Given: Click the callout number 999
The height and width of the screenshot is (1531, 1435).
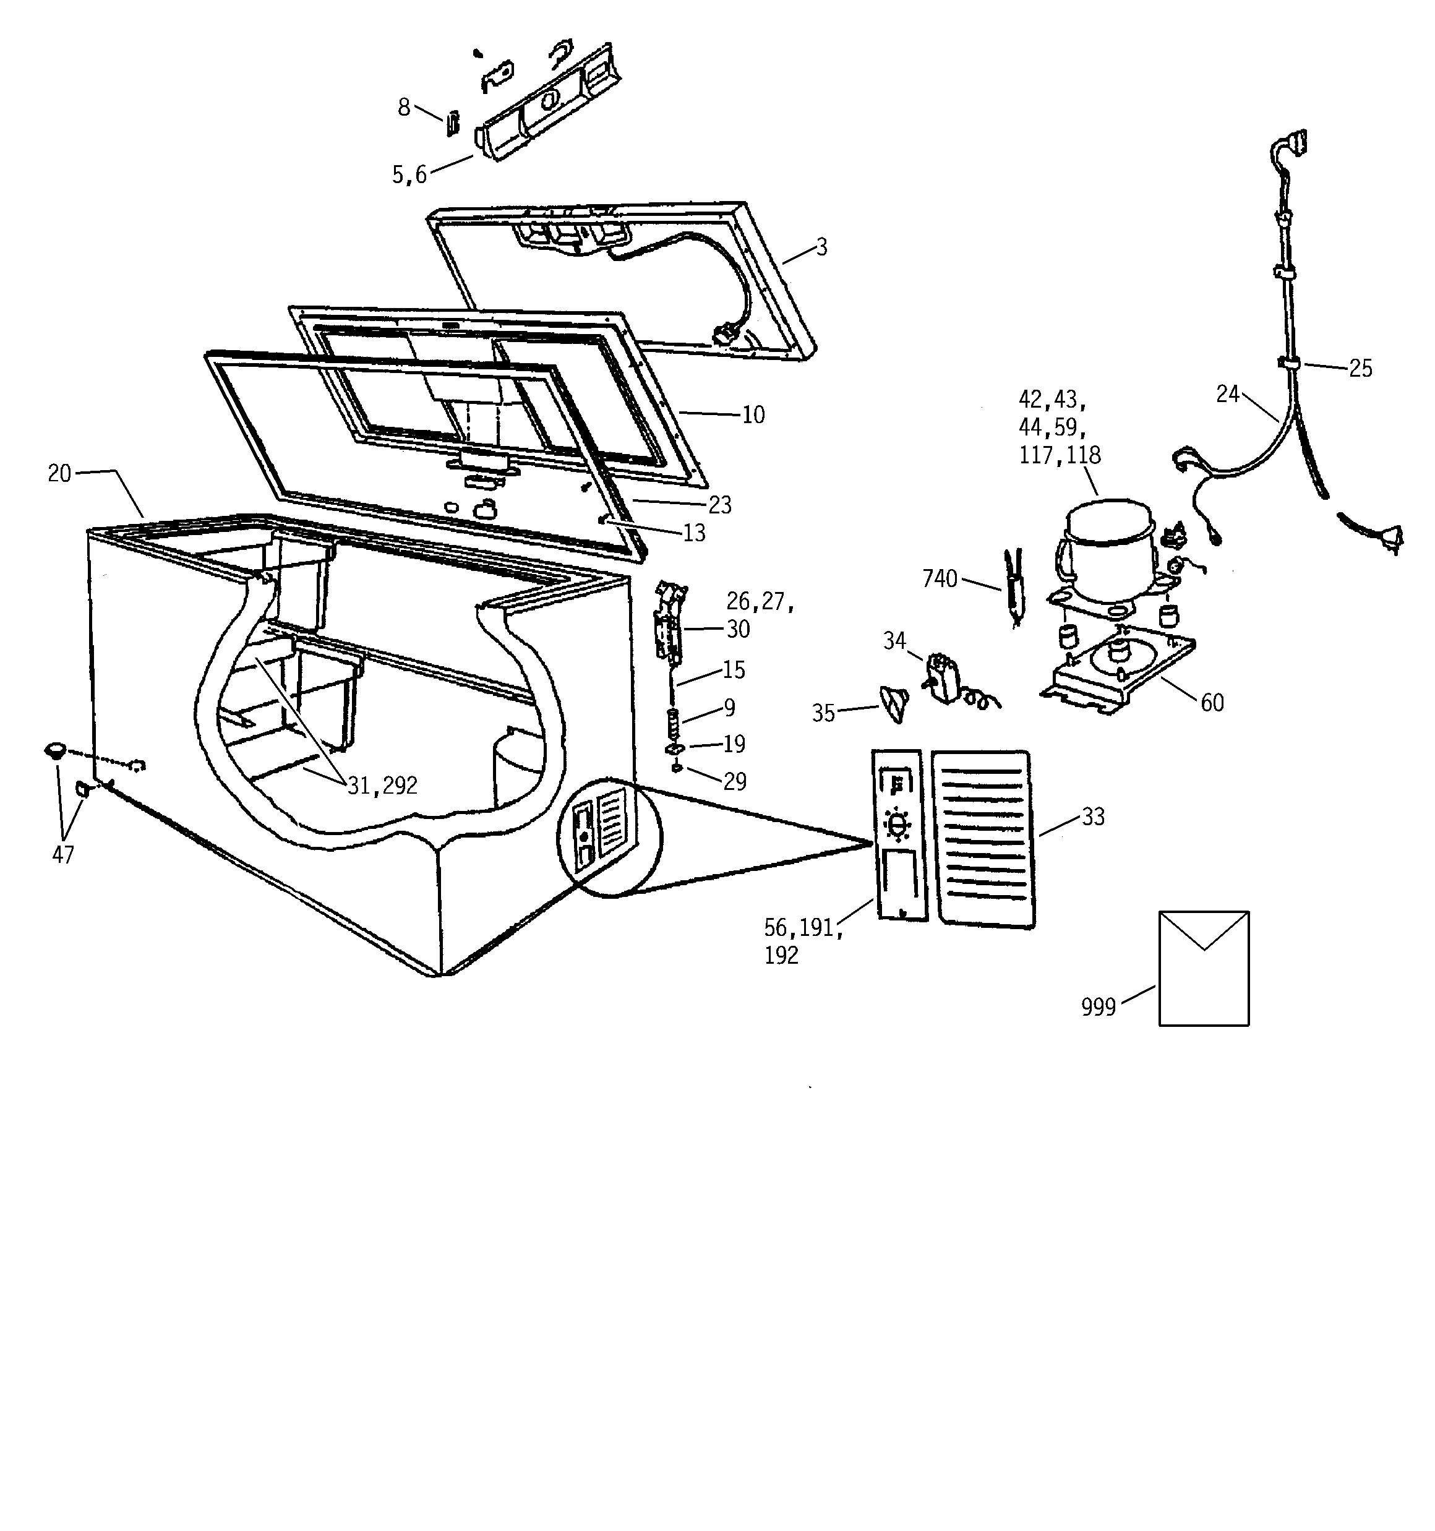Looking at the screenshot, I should (x=1098, y=1006).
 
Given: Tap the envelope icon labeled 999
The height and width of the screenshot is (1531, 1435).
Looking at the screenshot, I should (x=1203, y=968).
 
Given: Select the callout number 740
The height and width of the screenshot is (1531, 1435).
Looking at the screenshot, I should (x=939, y=578).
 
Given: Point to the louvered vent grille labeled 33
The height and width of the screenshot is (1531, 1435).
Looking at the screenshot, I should (x=983, y=838).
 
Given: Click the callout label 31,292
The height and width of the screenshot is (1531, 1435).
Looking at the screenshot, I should (x=382, y=786).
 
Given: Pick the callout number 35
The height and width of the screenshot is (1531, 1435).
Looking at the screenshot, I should (x=823, y=713).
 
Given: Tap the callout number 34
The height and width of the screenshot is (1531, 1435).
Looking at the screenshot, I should (x=894, y=640).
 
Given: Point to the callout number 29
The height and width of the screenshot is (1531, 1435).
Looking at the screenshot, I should (x=735, y=782).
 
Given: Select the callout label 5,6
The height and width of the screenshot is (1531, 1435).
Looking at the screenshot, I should (x=409, y=175).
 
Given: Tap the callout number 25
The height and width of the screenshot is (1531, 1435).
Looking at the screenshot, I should (x=1360, y=368).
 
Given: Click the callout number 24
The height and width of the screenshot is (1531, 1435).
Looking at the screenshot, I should (x=1227, y=393).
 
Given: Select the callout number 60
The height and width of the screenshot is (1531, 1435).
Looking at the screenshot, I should (x=1212, y=702).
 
